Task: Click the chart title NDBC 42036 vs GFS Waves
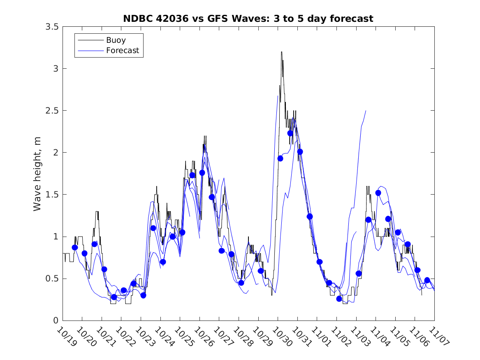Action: [x=248, y=19]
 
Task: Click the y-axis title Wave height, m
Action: [x=37, y=174]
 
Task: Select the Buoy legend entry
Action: [x=116, y=40]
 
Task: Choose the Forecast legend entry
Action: [x=123, y=51]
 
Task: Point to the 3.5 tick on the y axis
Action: [x=51, y=26]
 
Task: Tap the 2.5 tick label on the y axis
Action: [x=51, y=111]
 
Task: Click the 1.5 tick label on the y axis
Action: [x=51, y=195]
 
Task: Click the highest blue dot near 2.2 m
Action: [x=290, y=133]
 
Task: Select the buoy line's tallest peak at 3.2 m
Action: [x=282, y=52]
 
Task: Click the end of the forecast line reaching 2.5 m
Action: [x=366, y=111]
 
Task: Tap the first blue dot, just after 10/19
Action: [x=74, y=247]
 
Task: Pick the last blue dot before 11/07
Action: [x=427, y=280]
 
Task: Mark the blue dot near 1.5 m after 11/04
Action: [x=378, y=193]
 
